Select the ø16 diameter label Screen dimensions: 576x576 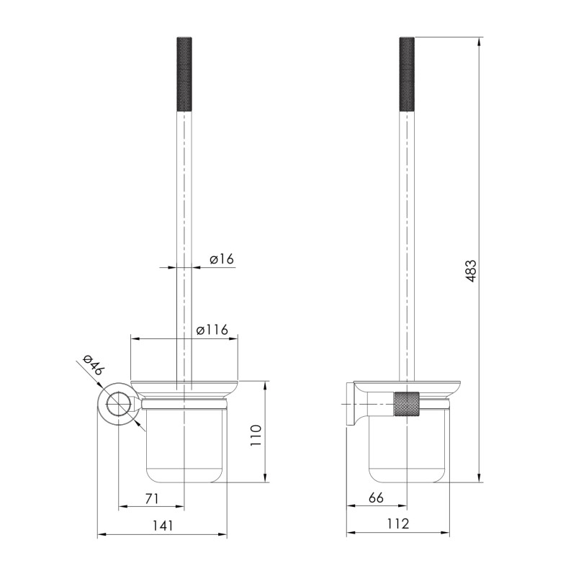(x=222, y=258)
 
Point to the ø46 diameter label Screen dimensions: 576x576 (x=93, y=366)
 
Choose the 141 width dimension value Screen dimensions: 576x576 (x=163, y=526)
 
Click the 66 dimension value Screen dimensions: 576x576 (x=376, y=498)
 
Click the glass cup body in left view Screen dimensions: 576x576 (x=184, y=446)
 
